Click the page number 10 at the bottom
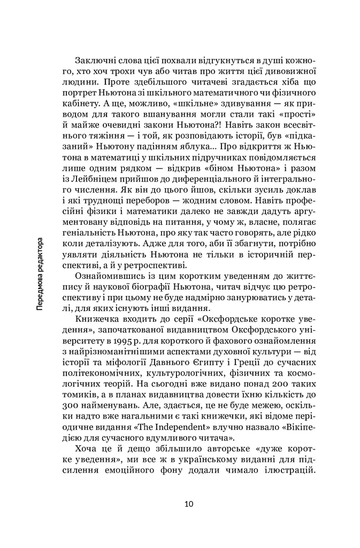[x=189, y=504]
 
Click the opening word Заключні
[x=94, y=58]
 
